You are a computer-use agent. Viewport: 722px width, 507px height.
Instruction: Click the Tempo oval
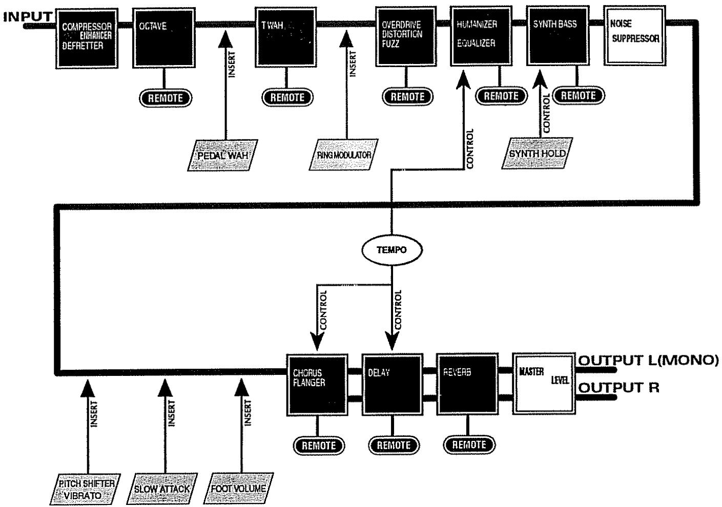coord(391,250)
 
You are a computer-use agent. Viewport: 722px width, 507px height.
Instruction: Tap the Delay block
coord(392,384)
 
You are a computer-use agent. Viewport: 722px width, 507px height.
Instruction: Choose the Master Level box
coord(543,383)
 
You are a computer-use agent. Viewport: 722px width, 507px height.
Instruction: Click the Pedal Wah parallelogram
coord(222,155)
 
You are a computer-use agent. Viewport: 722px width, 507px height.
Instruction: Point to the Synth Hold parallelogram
coord(537,153)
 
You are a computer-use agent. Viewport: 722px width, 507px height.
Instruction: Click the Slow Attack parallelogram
coord(161,489)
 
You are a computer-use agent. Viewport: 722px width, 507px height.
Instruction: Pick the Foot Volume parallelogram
coord(239,489)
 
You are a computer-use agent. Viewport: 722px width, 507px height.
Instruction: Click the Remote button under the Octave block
coord(166,98)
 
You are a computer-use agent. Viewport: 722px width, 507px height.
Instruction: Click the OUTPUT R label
coord(619,388)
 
